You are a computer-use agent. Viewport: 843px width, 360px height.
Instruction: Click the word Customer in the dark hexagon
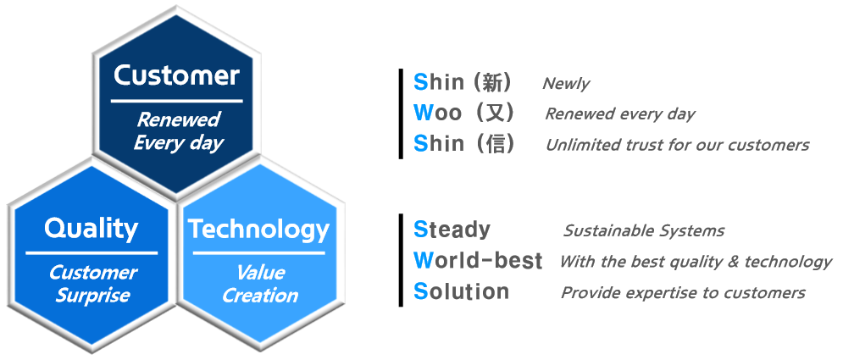176,75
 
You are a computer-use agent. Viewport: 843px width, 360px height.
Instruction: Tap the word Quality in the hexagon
91,229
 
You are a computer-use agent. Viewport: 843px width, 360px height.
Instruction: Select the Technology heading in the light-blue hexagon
258,230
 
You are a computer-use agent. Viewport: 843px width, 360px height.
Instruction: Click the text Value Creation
260,284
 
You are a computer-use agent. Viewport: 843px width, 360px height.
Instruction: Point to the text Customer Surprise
92,284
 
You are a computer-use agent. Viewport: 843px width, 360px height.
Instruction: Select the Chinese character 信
494,143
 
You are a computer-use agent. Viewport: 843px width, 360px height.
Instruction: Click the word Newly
566,84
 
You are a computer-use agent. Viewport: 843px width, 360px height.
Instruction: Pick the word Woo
437,113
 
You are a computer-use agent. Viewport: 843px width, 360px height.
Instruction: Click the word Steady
452,230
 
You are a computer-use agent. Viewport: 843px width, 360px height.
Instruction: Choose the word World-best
478,261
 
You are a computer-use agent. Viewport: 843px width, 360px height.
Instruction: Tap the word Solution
461,291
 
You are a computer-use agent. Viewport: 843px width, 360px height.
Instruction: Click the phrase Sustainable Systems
644,231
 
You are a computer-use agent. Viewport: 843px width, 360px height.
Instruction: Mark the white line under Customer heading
176,101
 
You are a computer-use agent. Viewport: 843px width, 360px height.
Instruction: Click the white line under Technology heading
258,252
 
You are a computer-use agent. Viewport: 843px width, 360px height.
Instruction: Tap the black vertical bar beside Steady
401,260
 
